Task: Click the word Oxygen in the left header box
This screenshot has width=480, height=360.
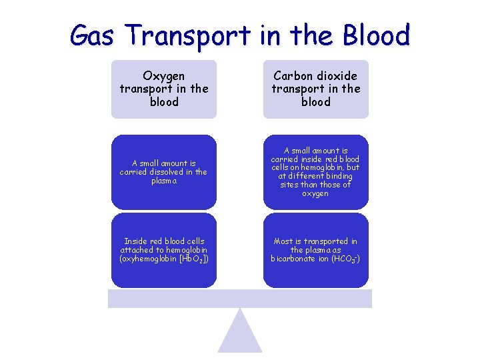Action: (x=164, y=76)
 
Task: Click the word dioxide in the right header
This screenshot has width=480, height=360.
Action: (x=337, y=76)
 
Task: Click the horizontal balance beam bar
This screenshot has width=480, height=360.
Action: (x=240, y=299)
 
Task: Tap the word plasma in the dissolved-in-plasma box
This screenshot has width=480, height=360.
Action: (x=164, y=181)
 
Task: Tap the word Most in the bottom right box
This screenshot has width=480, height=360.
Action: (x=283, y=241)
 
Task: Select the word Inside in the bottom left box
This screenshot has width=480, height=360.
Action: (x=137, y=241)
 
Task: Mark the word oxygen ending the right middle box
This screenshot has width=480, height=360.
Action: (x=315, y=193)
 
